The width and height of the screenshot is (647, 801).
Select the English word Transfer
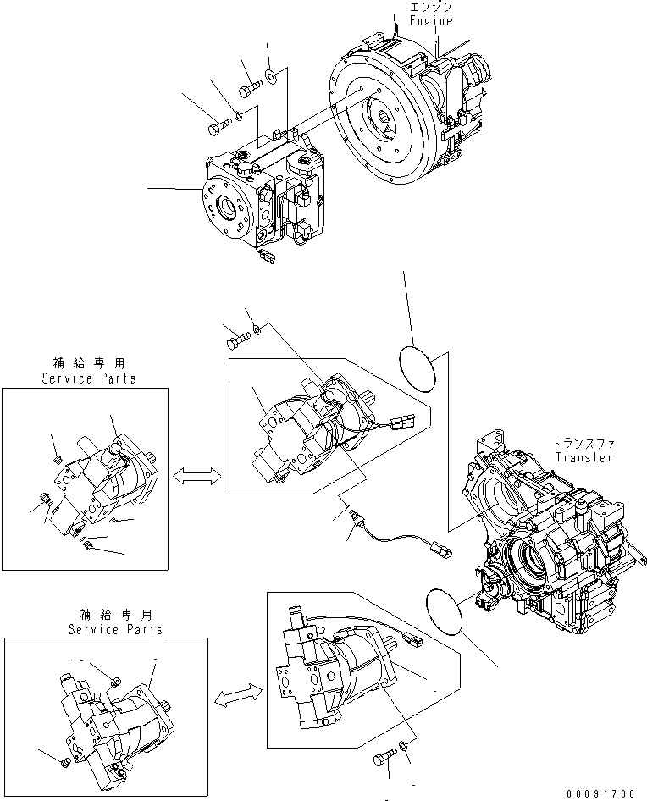tap(583, 457)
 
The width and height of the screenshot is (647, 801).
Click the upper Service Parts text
tap(89, 379)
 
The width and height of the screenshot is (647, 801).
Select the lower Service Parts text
tap(116, 630)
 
